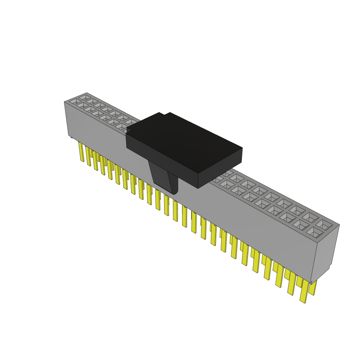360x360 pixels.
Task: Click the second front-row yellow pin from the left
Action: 89,156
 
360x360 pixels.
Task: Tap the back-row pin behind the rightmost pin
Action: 313,288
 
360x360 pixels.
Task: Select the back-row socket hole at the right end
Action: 323,224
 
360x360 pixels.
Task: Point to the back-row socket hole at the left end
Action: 85,97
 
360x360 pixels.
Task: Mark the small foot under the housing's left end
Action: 72,137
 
